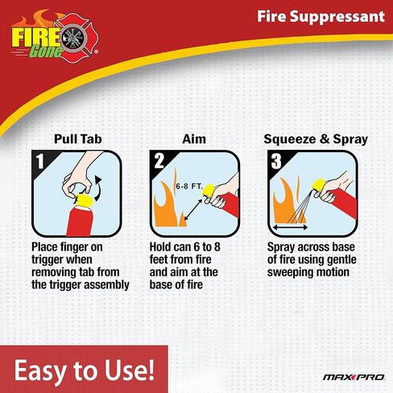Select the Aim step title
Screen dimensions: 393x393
[194, 139]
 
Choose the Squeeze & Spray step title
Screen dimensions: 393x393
[316, 139]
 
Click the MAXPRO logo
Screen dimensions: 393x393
[344, 375]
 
